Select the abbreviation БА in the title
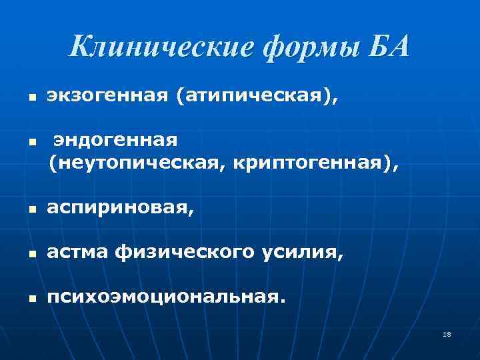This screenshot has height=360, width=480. (x=386, y=47)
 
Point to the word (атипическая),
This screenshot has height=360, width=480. (x=257, y=98)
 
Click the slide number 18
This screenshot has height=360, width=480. (x=447, y=334)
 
